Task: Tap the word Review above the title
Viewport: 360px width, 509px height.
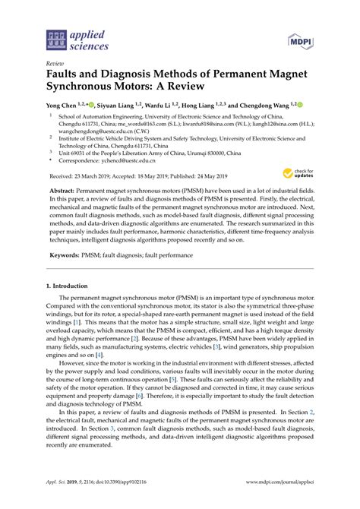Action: click(x=55, y=65)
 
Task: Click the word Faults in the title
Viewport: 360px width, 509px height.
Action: click(x=65, y=76)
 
